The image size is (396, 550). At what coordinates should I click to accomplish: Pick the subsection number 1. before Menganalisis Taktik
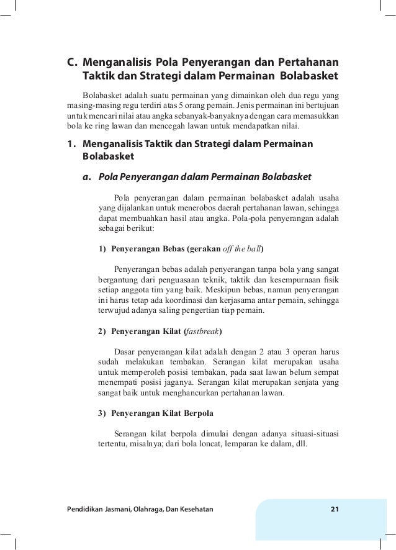71,145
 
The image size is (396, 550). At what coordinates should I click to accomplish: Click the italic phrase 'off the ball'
242,250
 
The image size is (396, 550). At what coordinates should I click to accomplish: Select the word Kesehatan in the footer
193,510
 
